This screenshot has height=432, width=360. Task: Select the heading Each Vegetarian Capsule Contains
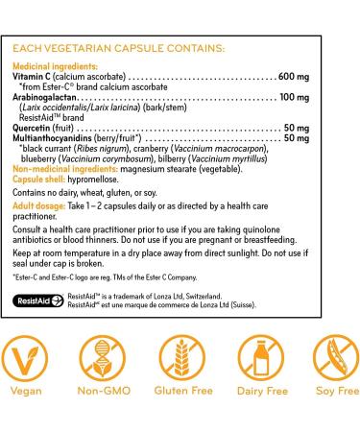[x=120, y=47]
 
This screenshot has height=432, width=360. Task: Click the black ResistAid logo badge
[x=40, y=300]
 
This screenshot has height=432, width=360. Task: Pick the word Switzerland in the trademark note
[x=198, y=298]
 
